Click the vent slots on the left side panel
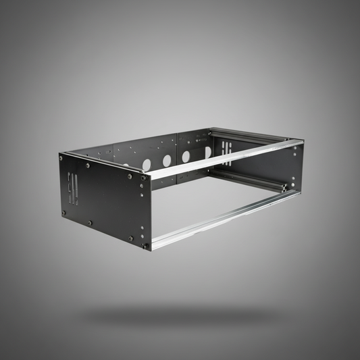pos(73,190)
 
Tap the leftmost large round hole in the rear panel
pos(147,164)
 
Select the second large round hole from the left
pos(167,161)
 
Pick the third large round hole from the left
pos(186,157)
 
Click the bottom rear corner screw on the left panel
pos(64,213)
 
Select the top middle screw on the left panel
pos(88,165)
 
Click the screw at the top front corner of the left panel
pos(143,178)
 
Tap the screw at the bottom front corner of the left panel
pos(145,246)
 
